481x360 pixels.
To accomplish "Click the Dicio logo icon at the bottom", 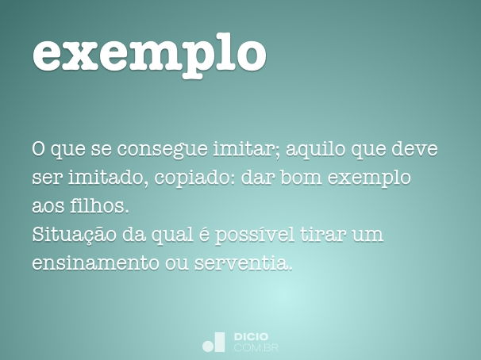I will [214, 342].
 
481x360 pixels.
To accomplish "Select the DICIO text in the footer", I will [251, 336].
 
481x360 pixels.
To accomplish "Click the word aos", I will [48, 206].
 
